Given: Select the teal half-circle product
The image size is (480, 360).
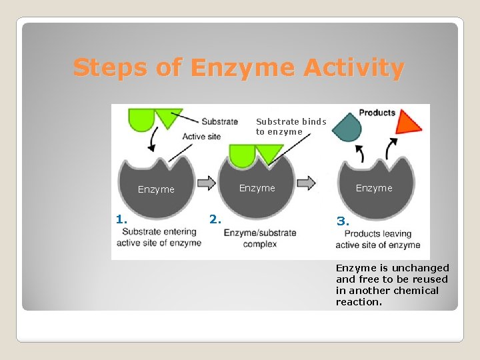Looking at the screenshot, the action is point(346,127).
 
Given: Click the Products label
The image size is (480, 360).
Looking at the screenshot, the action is point(377,113).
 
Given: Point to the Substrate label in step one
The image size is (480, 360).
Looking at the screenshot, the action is point(219,121).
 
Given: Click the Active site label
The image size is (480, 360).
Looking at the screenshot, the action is point(203,137).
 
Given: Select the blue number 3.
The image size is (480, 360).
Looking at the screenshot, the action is point(343,221).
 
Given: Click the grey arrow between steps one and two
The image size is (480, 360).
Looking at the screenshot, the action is point(207,183).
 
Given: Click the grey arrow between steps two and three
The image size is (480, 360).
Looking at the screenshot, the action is point(307,183).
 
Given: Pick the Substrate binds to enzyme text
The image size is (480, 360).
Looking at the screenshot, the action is point(291,127).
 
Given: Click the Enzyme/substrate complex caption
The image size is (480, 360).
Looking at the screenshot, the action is point(260,239).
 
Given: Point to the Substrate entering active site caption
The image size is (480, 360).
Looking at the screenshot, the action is point(159,237).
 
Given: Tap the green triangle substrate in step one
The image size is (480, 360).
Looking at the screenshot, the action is point(168,118).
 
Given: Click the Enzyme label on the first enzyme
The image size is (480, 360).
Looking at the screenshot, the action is point(156,189).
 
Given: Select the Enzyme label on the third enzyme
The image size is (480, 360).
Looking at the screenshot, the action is point(374,188).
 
